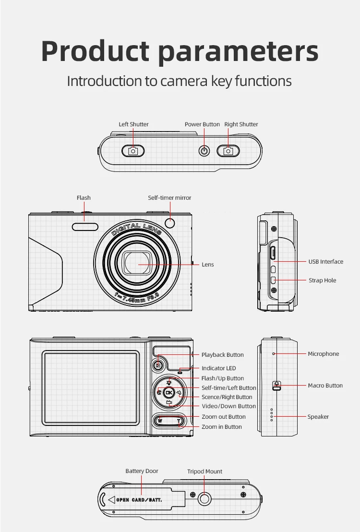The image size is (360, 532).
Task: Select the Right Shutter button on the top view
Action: [228, 151]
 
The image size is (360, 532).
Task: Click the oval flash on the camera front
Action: [85, 228]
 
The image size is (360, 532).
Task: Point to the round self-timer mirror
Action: [170, 223]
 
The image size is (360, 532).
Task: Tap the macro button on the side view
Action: [276, 386]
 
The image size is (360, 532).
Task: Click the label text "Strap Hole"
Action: [323, 280]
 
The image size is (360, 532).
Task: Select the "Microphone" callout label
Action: [324, 354]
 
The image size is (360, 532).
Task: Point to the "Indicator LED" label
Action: [219, 368]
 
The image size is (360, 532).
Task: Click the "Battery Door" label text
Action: [142, 471]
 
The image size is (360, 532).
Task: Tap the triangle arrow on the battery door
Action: [111, 499]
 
